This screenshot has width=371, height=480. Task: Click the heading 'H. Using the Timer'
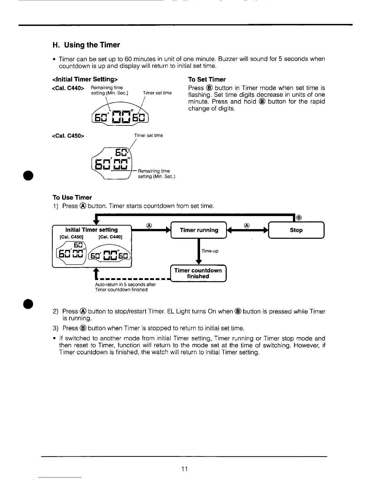point(86,45)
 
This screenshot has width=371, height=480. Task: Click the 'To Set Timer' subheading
point(207,79)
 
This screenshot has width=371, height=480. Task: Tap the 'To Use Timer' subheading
point(72,198)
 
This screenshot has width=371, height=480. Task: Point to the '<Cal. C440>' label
point(68,88)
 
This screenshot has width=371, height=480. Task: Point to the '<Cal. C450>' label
point(68,135)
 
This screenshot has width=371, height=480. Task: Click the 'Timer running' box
point(199,230)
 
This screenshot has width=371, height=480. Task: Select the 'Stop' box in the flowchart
point(296,230)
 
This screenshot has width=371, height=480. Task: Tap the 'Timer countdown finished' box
point(198,273)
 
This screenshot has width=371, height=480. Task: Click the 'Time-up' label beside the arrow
point(210,251)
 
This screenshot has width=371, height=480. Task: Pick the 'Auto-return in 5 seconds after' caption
point(125,285)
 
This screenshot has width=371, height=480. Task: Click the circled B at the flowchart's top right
point(299,217)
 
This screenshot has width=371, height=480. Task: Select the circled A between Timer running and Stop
point(247,225)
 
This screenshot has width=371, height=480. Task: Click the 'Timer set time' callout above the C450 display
point(149,135)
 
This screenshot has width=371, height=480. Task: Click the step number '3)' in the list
point(56,328)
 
